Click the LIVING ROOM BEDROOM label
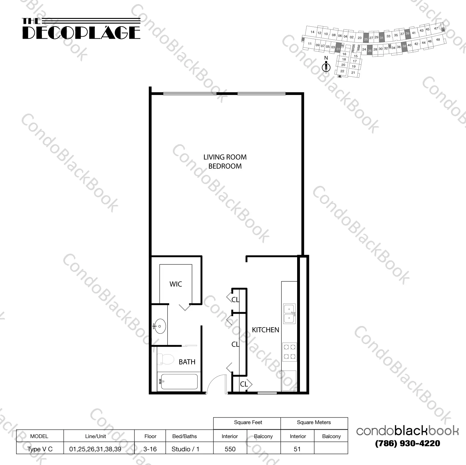[x=225, y=162]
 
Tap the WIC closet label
[x=176, y=284]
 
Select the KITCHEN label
[x=266, y=330]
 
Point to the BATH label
[x=187, y=362]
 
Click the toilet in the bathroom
[x=164, y=359]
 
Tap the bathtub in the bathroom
[x=178, y=382]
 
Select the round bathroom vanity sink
[x=160, y=326]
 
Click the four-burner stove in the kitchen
[x=289, y=352]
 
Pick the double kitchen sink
[x=289, y=314]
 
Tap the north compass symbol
[x=326, y=65]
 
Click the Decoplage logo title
[x=81, y=29]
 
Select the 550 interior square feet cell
[x=230, y=449]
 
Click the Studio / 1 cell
[x=185, y=449]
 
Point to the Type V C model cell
[x=40, y=449]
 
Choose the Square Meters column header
[x=314, y=423]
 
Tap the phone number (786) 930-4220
[x=407, y=443]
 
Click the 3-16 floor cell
[x=150, y=449]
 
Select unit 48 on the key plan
[x=438, y=40]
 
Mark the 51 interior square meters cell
[x=297, y=449]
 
